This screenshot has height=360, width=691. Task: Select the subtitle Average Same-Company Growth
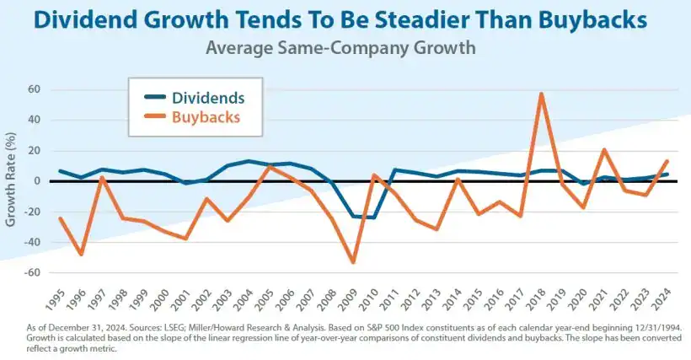(340, 48)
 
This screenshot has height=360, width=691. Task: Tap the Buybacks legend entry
(206, 117)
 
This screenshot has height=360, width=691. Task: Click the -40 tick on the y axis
(33, 243)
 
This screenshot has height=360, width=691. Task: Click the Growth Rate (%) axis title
(11, 179)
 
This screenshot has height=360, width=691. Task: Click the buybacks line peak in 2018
(541, 94)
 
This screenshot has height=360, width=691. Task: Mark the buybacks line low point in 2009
(352, 262)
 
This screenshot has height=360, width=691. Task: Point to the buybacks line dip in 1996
(81, 254)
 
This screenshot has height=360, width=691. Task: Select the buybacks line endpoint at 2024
(667, 161)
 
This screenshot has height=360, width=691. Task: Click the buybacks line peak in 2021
(604, 150)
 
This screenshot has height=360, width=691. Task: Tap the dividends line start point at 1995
(60, 171)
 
